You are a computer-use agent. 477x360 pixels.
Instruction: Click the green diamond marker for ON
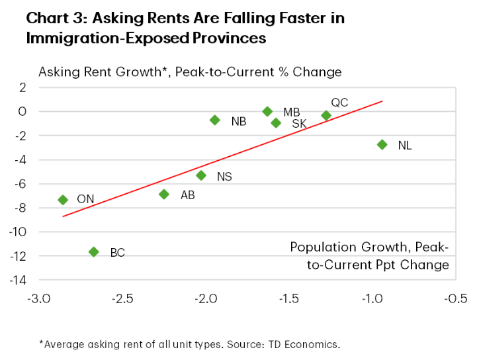click(x=63, y=200)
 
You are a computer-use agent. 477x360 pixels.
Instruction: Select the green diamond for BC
click(x=94, y=251)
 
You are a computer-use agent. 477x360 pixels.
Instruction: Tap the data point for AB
click(x=164, y=194)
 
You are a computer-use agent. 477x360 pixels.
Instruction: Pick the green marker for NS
click(x=202, y=175)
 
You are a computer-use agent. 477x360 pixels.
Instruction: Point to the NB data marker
click(x=214, y=120)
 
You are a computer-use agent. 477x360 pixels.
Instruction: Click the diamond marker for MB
click(x=267, y=111)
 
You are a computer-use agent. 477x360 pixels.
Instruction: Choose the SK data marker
click(x=276, y=122)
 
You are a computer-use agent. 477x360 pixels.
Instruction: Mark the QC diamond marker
click(x=326, y=115)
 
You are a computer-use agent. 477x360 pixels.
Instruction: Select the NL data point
click(x=382, y=144)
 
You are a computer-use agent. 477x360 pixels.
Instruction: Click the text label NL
click(x=405, y=146)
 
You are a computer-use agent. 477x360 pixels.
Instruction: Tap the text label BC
click(x=117, y=253)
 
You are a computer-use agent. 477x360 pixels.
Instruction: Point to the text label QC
click(x=339, y=103)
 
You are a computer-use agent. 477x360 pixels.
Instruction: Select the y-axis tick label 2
click(x=22, y=87)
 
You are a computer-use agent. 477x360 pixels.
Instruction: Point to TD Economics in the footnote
click(x=312, y=344)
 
